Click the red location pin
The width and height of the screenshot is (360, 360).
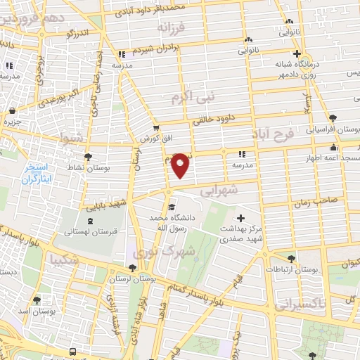click(x=181, y=165)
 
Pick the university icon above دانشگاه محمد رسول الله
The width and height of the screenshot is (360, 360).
click(x=171, y=207)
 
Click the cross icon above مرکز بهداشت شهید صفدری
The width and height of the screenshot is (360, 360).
click(x=241, y=219)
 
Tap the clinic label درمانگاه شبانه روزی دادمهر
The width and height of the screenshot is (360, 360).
click(x=282, y=68)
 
